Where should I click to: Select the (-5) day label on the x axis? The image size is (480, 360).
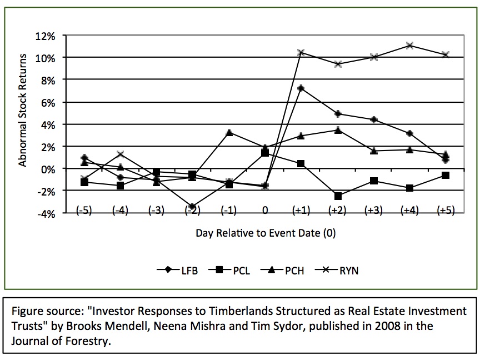coord(84,211)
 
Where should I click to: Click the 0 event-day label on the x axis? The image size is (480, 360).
coord(265,211)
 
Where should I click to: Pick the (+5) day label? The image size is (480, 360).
coord(445,211)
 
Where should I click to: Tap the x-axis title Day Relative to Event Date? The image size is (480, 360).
coord(265,233)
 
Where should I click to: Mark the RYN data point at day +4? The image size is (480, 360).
coord(409,45)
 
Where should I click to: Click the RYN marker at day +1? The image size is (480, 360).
coord(301,52)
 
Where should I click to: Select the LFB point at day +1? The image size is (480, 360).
coord(301,88)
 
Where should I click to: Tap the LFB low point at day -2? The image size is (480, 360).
coord(192,206)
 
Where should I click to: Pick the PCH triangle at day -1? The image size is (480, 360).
coord(229,132)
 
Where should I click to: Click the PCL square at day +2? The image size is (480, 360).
coord(337,196)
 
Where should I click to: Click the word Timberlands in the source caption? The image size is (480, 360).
coord(236,311)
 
